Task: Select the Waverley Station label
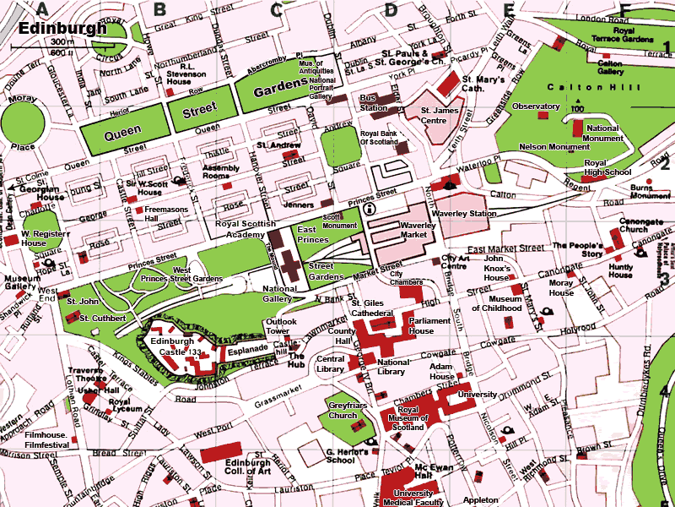(x=464, y=214)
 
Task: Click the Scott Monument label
(x=340, y=221)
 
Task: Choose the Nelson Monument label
(x=554, y=146)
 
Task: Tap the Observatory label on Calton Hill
(x=536, y=106)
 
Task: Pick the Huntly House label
(x=620, y=270)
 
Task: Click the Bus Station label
(x=374, y=103)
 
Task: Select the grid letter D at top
(x=390, y=10)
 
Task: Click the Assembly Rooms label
(x=222, y=172)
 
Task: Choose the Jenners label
(x=299, y=204)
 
